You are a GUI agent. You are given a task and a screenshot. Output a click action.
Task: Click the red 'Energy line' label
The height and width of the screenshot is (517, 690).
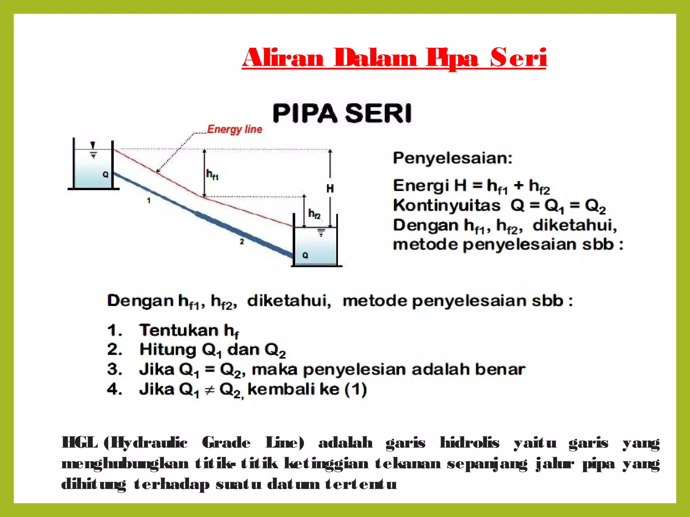point(234,129)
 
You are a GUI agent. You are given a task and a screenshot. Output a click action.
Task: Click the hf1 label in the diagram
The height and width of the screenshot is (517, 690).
point(212,174)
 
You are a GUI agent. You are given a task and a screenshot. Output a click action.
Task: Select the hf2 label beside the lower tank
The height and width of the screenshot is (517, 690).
point(315,214)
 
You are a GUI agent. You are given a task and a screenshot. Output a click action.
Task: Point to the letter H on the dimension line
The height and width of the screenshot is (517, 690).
point(330,188)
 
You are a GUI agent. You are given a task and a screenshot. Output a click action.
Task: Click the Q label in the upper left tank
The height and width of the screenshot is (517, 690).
point(105,174)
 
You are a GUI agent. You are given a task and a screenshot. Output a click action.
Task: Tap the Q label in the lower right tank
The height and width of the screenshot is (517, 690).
point(305,255)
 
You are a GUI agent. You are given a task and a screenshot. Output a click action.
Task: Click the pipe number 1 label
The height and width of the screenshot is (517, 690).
point(149,201)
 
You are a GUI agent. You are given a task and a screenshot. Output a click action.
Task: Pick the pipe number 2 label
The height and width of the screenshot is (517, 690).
point(242,241)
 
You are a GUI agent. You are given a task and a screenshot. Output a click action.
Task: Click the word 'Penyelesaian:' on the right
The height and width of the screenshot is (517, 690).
point(452,158)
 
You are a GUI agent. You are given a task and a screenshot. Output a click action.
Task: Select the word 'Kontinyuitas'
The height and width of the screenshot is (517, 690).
point(447,205)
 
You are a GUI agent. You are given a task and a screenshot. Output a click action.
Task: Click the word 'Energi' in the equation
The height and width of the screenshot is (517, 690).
point(421,185)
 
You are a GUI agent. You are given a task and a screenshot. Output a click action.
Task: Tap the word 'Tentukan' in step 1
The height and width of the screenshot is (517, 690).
point(179,330)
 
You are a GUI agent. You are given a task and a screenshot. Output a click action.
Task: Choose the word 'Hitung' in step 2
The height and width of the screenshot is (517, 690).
point(167,350)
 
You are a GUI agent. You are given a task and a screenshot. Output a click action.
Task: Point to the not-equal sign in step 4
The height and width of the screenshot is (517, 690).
point(210,390)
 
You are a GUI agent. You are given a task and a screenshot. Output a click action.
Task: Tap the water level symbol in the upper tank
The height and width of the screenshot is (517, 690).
point(93,150)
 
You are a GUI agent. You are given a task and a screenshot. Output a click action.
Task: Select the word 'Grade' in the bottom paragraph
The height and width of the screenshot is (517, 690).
point(226,443)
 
